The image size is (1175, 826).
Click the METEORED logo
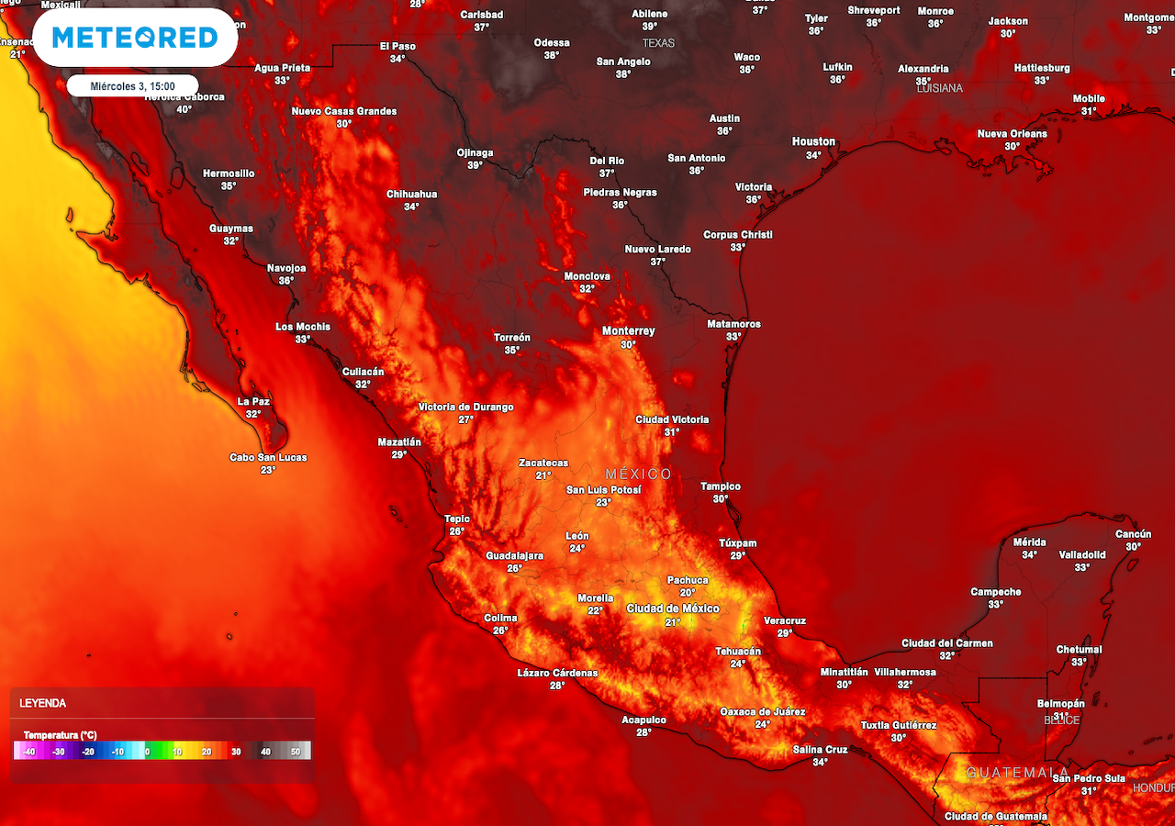coord(134,38)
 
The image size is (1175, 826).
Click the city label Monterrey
coord(628,331)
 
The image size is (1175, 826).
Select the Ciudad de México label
coord(673,608)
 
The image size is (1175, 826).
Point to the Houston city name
coord(813,141)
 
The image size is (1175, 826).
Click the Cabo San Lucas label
coord(268,457)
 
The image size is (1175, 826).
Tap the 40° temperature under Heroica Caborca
coord(184,109)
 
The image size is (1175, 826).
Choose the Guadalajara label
coord(514,556)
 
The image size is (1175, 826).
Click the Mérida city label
coord(1029,541)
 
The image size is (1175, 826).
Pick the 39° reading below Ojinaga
coord(475,165)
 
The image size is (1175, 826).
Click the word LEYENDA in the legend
coord(42,703)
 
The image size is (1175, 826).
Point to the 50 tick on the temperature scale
coord(296,752)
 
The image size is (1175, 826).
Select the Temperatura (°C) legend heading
coord(60,735)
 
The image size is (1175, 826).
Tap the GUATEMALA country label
coord(1017,773)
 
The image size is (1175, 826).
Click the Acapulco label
coord(643,720)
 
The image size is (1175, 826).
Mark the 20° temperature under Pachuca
coord(688,592)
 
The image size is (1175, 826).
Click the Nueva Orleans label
coord(1012,134)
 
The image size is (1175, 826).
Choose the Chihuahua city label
coord(411,195)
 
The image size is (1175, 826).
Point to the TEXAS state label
coord(658,43)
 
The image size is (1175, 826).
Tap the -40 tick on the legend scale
coord(28,752)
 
